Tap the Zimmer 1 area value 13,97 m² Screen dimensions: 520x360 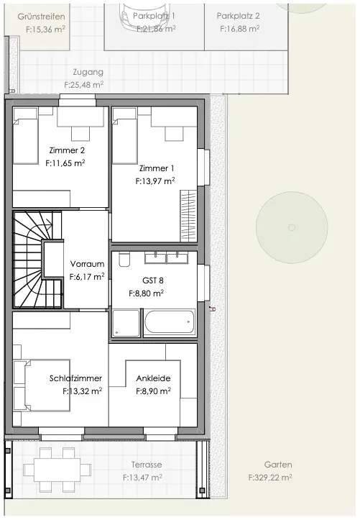tap(155, 182)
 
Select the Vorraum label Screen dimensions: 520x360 tap(87, 263)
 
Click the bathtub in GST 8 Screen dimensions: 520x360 tap(170, 322)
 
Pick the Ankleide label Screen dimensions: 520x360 tap(153, 378)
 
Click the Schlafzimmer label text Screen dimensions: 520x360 tap(75, 378)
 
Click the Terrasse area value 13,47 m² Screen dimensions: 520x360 tap(142, 477)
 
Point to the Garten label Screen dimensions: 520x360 tap(277, 465)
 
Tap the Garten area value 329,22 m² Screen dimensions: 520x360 tap(269, 477)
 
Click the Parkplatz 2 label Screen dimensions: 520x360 tap(239, 15)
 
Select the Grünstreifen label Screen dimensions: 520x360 tap(41, 16)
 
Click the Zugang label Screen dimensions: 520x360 tap(88, 72)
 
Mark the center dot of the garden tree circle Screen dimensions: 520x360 tap(291, 227)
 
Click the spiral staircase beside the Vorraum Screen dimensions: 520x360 tap(30, 259)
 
